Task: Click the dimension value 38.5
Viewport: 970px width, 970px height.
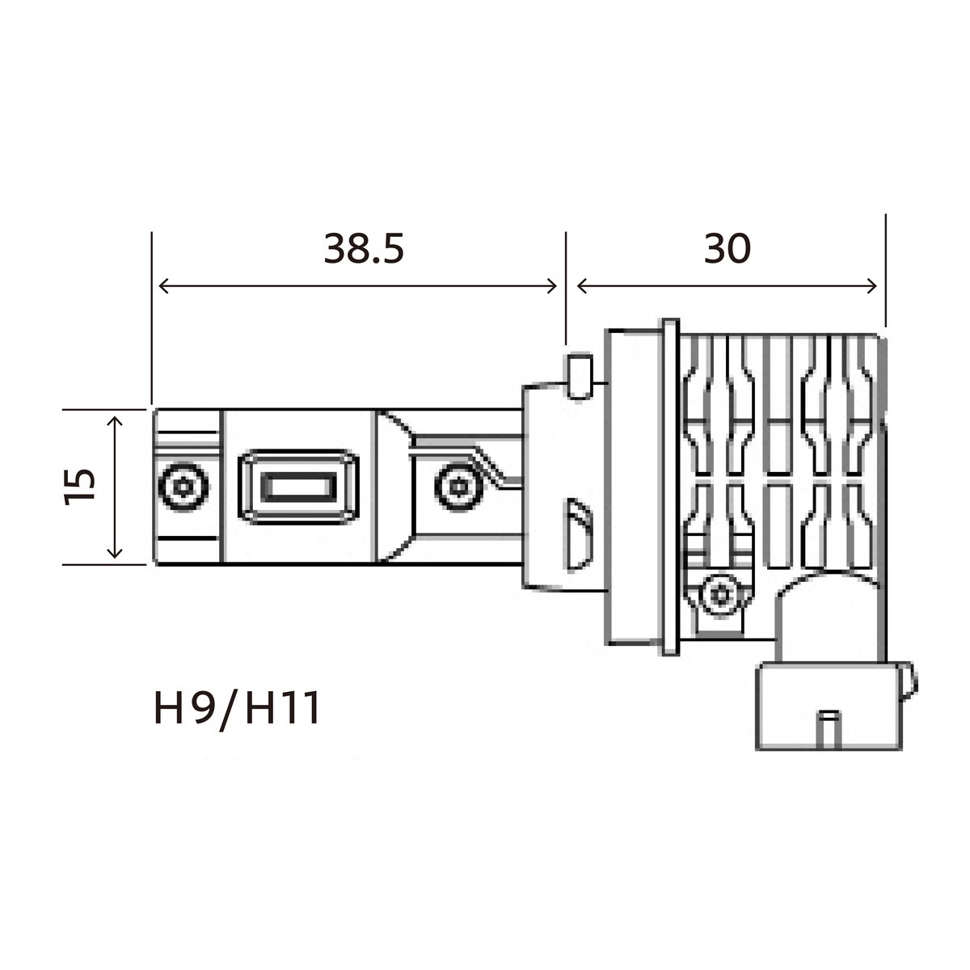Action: pos(363,249)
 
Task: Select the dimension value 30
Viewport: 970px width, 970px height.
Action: pos(727,249)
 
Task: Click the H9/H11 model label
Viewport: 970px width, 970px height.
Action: pos(238,709)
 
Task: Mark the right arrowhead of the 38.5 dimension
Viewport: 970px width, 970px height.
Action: pos(552,286)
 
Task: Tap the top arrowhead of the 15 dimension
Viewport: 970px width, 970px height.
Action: pos(115,422)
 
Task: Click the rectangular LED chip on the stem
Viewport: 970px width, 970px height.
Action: pos(297,487)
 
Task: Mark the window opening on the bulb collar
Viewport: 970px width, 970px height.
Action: pos(578,533)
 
